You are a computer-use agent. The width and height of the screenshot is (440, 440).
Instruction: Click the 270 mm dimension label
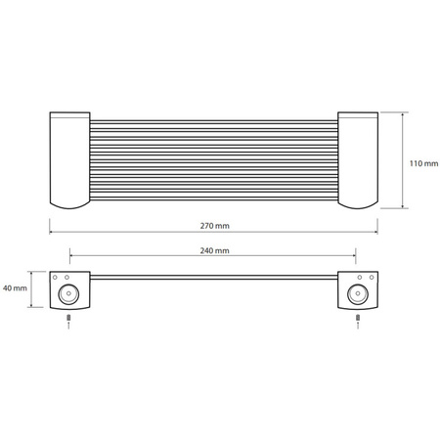(x=215, y=226)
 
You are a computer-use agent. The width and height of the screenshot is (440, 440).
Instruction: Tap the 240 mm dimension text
(x=215, y=250)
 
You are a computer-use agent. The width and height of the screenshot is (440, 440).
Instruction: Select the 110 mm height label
(x=423, y=163)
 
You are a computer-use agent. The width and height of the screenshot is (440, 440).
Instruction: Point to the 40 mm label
(x=15, y=288)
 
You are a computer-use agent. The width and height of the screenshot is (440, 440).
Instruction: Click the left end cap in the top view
(x=70, y=160)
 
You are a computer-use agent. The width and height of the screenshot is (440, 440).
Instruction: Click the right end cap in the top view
(x=358, y=160)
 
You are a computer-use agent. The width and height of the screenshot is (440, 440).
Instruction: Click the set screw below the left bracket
(x=68, y=318)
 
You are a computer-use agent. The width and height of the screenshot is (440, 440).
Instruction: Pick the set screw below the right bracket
(x=358, y=318)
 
